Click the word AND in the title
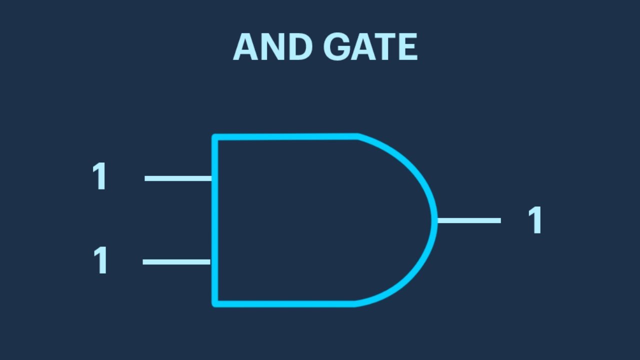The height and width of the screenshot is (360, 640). click(272, 46)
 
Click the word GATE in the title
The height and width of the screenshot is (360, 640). click(370, 46)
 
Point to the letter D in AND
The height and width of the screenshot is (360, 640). click(301, 46)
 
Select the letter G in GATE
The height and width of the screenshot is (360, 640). click(336, 46)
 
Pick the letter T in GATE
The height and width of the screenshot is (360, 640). click(386, 46)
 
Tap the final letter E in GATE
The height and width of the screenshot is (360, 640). click(409, 46)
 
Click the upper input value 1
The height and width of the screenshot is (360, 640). click(99, 175)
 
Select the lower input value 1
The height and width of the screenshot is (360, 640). click(100, 260)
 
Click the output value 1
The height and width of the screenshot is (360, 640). click(534, 220)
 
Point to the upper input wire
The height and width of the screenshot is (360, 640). click(178, 178)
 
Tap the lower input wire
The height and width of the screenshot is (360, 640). click(176, 262)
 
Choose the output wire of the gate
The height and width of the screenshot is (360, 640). click(469, 220)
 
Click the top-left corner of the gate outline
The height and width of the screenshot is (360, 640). click(214, 137)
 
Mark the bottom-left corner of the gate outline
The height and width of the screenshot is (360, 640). click(214, 304)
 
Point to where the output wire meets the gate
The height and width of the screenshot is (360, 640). click(437, 220)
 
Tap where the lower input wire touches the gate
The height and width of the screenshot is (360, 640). click(211, 262)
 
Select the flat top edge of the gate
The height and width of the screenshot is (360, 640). click(285, 136)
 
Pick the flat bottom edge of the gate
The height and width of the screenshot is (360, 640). click(284, 304)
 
